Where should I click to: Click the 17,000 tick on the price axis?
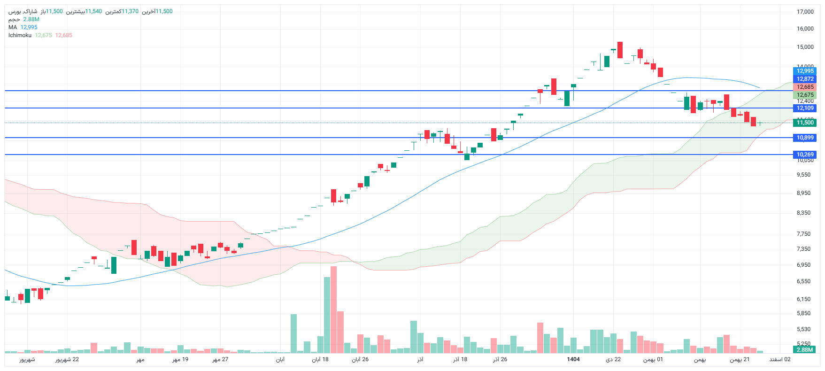pos(805,12)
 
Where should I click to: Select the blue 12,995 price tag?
pos(805,71)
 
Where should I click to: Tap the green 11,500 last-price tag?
pos(805,123)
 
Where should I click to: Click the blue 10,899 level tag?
pos(805,138)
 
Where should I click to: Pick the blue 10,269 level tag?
pos(805,155)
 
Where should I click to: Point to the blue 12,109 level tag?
pos(805,108)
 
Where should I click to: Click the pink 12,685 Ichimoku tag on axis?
pos(805,87)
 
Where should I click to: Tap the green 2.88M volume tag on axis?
pos(804,350)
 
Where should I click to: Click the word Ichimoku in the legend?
pos(20,35)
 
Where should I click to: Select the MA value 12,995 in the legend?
pos(29,27)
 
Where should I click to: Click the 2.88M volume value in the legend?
pos(31,19)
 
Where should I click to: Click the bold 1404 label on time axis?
pos(573,359)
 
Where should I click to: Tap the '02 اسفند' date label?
pos(780,359)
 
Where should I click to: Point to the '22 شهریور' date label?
pos(67,359)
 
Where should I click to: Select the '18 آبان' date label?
pos(320,359)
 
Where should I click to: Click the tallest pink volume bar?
pos(334,310)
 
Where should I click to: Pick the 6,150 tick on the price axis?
pos(803,299)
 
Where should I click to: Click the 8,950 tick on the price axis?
pos(803,193)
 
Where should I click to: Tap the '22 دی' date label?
pos(613,359)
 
